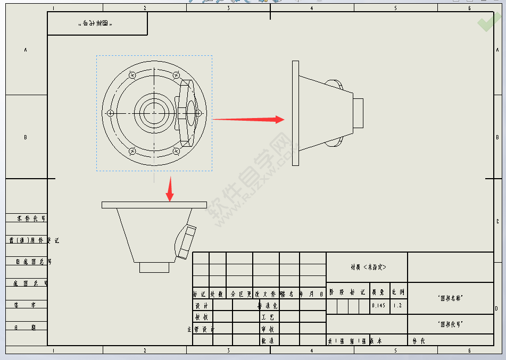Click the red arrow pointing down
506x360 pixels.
[170, 190]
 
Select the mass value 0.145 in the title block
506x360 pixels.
[379, 306]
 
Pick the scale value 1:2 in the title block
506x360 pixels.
[398, 306]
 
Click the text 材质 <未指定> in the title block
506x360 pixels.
[368, 267]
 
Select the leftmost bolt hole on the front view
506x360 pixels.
[110, 113]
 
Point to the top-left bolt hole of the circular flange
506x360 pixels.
[132, 76]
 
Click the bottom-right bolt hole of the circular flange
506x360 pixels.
[176, 151]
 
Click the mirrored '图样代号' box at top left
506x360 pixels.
[97, 23]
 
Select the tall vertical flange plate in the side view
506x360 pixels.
[295, 113]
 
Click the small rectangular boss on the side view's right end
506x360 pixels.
[358, 113]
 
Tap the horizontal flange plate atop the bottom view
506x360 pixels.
[154, 204]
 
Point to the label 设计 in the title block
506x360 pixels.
[202, 306]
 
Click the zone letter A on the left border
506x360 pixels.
[26, 50]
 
